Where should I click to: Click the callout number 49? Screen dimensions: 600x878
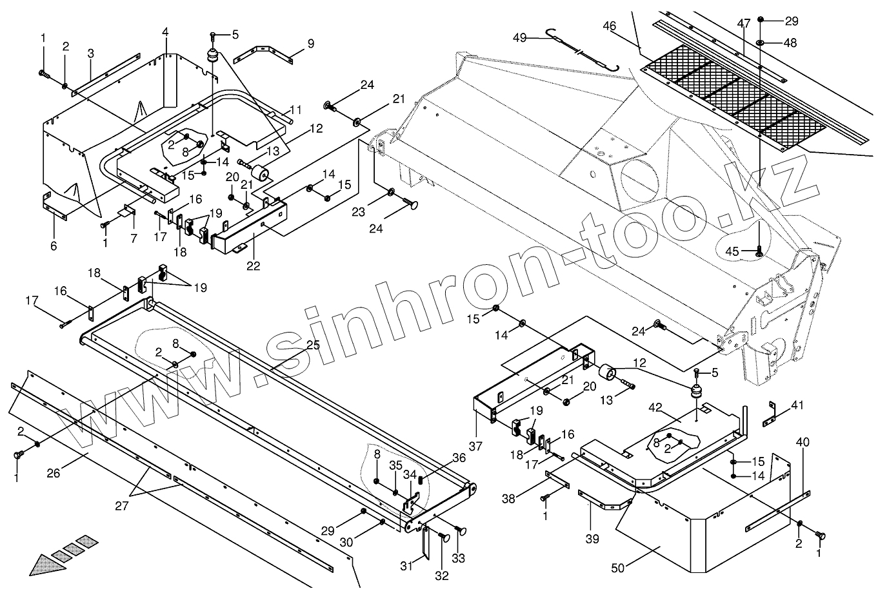(x=520, y=38)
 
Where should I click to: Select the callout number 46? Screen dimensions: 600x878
(x=610, y=26)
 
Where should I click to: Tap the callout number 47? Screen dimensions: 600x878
(x=744, y=24)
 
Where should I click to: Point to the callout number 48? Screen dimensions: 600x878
(x=790, y=43)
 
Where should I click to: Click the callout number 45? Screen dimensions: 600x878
(x=732, y=250)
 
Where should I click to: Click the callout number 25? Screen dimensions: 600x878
(x=313, y=345)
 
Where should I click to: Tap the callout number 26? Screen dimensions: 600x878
(x=54, y=474)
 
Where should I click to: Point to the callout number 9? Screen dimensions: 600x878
(x=311, y=44)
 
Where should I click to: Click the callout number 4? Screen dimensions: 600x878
(x=166, y=32)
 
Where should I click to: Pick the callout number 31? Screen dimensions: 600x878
(x=405, y=566)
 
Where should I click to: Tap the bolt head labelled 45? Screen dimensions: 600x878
(x=759, y=251)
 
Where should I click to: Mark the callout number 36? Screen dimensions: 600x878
(x=459, y=458)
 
